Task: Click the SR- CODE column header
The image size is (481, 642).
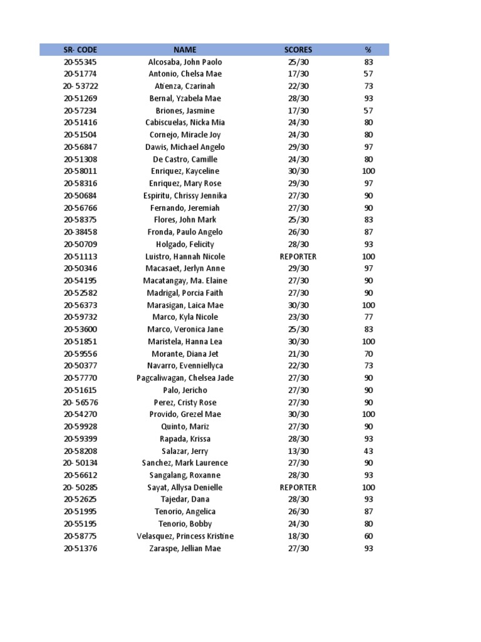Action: [x=80, y=50]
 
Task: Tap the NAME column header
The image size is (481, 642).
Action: [x=185, y=50]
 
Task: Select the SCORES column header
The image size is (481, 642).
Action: [x=298, y=50]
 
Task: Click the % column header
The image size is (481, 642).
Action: [x=368, y=50]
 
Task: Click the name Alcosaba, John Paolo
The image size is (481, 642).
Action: [x=185, y=62]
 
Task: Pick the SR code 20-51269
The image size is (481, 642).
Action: [x=80, y=98]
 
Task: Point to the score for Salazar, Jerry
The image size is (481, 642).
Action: [x=298, y=451]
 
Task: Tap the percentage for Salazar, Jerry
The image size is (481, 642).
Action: [x=368, y=451]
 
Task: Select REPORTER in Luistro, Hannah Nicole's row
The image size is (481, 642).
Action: [x=298, y=256]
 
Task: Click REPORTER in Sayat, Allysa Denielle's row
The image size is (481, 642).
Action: [x=298, y=487]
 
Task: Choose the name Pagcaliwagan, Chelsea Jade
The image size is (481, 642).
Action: [x=185, y=378]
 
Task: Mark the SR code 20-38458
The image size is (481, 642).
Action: [x=80, y=232]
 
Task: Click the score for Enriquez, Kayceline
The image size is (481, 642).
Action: [x=298, y=171]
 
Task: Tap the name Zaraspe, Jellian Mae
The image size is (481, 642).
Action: [x=185, y=549]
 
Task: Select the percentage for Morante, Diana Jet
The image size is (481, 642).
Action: [x=368, y=354]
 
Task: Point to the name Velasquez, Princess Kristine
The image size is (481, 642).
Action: [x=185, y=536]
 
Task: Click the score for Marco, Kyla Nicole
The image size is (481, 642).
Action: [x=298, y=317]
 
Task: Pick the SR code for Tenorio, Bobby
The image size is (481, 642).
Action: [x=80, y=524]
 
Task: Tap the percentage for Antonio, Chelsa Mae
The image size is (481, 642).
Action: [x=368, y=74]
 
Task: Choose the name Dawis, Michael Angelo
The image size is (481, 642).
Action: [x=185, y=147]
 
